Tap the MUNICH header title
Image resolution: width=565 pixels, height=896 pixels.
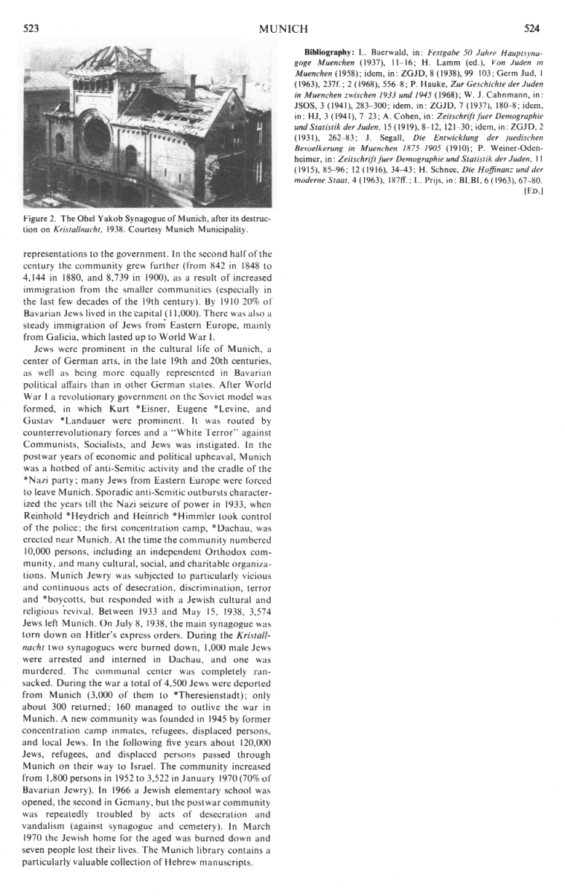click(x=283, y=28)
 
